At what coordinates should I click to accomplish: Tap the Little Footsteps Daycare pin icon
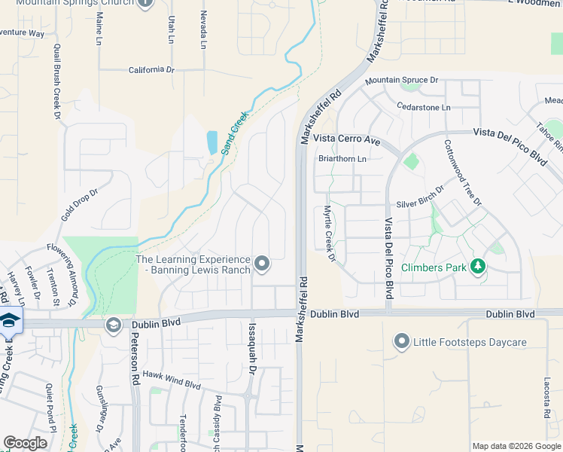click(x=401, y=342)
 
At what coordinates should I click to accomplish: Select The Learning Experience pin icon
click(x=262, y=263)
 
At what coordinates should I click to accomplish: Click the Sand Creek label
click(x=234, y=133)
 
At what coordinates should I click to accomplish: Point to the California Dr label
click(x=151, y=69)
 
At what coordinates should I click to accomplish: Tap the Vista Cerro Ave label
click(x=347, y=139)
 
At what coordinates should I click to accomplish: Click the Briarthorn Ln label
click(x=342, y=159)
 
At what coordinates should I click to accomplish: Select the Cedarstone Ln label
click(x=423, y=108)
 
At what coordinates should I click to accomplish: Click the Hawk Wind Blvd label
click(x=172, y=383)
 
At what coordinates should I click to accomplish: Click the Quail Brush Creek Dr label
click(x=56, y=81)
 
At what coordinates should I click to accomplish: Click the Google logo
click(x=26, y=443)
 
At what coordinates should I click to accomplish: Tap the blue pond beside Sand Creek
click(x=212, y=141)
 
